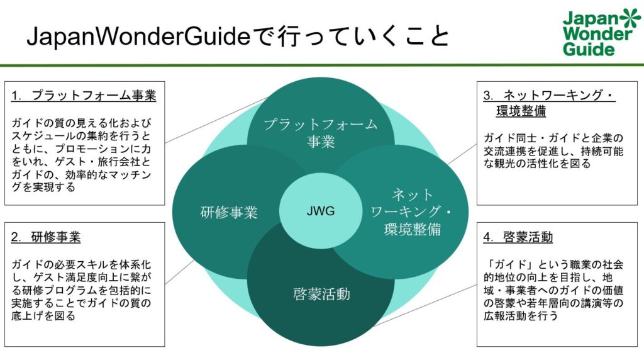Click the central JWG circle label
tap(321, 211)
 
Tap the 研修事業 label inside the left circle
tap(229, 213)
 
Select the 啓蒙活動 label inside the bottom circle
tap(321, 295)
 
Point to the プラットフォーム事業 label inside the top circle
tap(320, 133)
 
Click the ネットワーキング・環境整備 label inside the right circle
tap(411, 211)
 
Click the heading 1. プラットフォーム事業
tap(84, 95)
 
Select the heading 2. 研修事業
tap(46, 237)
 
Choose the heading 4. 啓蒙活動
tap(518, 237)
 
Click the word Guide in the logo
tap(589, 49)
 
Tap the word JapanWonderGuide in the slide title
tap(138, 37)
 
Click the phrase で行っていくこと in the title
tap(350, 36)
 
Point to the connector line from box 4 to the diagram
tap(426, 305)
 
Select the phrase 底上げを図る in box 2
tap(43, 316)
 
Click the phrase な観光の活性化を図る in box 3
tap(537, 164)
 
